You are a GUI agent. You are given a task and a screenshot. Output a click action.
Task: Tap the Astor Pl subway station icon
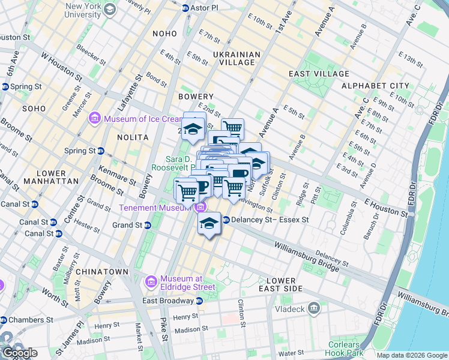[x=185, y=8]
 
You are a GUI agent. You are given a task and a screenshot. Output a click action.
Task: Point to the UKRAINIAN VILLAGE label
[x=237, y=60]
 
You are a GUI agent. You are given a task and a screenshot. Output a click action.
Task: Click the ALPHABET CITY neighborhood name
[x=375, y=86]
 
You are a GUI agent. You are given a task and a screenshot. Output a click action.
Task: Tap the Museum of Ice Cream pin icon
[x=95, y=119]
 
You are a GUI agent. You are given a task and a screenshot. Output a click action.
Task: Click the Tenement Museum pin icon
[x=200, y=208]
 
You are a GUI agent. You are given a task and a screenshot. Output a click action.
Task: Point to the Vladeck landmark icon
[x=313, y=308]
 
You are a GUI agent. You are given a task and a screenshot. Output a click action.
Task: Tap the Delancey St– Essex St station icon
[x=226, y=220]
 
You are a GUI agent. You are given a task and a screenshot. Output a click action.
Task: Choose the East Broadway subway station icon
[x=199, y=301]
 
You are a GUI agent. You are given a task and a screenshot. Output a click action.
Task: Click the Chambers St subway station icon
[x=5, y=320]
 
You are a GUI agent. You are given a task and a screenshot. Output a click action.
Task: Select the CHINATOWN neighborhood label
[x=106, y=272]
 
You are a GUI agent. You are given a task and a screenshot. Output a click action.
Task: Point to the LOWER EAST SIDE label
[x=281, y=285]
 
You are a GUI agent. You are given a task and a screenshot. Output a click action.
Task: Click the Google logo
[x=19, y=353]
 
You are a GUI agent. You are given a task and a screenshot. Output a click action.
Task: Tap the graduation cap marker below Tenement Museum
[x=208, y=224]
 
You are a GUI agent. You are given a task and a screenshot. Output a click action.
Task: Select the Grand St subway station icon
[x=147, y=226]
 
